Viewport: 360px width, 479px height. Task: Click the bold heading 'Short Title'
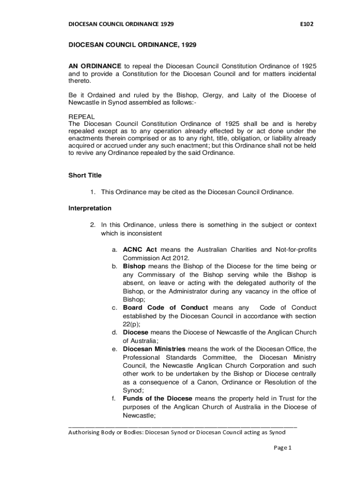coord(85,175)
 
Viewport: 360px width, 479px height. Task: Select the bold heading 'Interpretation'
coord(90,208)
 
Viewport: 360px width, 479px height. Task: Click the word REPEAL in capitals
coord(82,116)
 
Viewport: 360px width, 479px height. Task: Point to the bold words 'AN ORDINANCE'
coord(95,66)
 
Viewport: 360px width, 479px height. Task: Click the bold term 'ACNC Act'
coord(140,250)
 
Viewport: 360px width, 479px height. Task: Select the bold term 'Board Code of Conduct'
coord(165,307)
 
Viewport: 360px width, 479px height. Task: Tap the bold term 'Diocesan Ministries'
coord(154,349)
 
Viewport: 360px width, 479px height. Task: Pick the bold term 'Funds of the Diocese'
coord(157,399)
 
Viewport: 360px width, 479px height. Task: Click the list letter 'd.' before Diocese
coord(114,333)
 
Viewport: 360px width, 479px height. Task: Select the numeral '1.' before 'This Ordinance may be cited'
coord(93,192)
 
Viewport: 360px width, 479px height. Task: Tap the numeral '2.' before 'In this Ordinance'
coord(93,225)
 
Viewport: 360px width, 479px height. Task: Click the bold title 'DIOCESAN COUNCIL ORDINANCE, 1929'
coord(132,45)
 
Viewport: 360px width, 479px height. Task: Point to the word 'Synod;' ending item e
coord(133,390)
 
